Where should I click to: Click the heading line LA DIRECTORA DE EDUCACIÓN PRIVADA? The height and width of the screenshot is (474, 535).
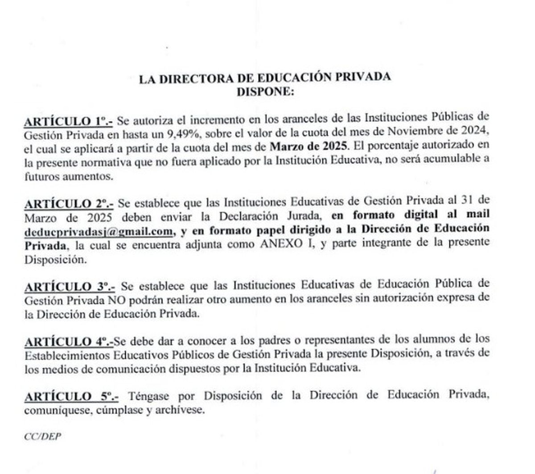point(265,78)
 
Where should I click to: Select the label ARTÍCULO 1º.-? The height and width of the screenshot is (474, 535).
point(69,120)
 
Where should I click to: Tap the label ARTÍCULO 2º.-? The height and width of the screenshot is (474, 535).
point(69,204)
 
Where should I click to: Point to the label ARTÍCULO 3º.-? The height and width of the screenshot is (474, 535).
point(69,286)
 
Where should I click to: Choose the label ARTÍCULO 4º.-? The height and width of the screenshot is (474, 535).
point(69,342)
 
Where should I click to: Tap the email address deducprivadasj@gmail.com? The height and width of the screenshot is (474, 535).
point(99,231)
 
